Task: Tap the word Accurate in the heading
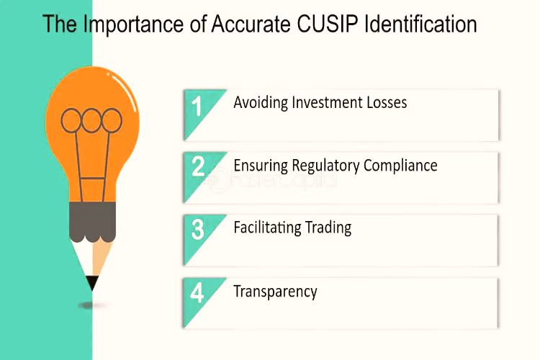[x=251, y=24]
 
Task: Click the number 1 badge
[x=197, y=106]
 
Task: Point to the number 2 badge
[x=198, y=166]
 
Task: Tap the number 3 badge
[x=198, y=230]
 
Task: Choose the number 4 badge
[x=197, y=293]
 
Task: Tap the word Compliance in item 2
[x=400, y=166]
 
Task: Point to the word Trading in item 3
[x=328, y=228]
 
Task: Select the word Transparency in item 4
[x=275, y=292]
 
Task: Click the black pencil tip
[x=92, y=282]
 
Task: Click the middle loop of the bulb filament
[x=91, y=120]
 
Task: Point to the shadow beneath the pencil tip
[x=91, y=305]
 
